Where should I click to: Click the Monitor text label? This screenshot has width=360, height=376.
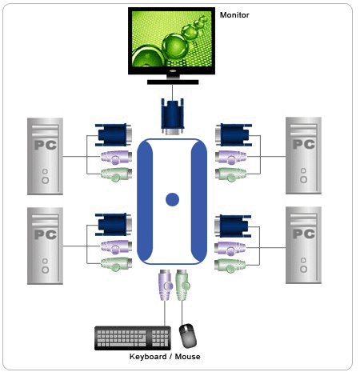pos(234,15)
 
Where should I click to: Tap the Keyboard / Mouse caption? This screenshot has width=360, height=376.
pos(165,357)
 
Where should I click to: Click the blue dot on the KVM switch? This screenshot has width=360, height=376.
pos(172,199)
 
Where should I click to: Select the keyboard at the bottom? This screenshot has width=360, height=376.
pos(133,338)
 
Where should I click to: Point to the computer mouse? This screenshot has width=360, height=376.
pos(188,336)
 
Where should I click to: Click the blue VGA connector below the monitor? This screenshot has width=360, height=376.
pos(173,116)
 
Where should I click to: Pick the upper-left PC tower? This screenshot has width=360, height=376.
pos(45,156)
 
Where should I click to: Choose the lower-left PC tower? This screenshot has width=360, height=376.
pos(45,246)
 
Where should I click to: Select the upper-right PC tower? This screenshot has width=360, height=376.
pos(303,155)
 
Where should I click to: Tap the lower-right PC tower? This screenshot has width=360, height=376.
pos(303,245)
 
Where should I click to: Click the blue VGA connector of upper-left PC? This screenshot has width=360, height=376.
pos(114,135)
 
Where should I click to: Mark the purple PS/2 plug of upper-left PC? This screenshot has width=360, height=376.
pos(116,158)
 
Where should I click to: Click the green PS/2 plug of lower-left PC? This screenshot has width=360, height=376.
pos(116,265)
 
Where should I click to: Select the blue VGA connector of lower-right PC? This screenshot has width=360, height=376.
pos(233,226)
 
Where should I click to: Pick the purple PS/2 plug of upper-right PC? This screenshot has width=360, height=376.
pos(230,158)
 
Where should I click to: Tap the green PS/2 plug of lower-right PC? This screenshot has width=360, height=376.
pos(230,266)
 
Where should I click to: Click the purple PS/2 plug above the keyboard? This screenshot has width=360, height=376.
pos(166,285)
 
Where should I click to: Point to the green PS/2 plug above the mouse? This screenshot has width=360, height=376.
pos(182,285)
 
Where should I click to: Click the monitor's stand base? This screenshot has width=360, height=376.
pos(173,82)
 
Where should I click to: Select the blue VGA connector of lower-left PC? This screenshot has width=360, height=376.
pos(114,225)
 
